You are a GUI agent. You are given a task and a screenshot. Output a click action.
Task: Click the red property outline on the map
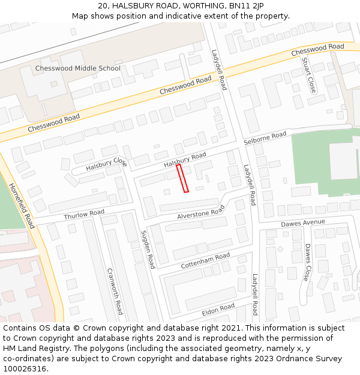pos(182,179)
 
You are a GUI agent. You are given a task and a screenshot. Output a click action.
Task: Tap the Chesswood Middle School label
pos(77,68)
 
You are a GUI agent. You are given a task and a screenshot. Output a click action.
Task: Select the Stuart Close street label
pos(308,75)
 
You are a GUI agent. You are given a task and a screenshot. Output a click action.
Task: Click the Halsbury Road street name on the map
pos(185,160)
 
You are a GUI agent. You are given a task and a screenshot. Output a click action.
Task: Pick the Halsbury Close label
pos(106,164)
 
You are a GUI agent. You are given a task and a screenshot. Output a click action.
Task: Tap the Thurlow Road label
pos(84,214)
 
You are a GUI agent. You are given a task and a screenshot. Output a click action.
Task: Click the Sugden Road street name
pos(148,248)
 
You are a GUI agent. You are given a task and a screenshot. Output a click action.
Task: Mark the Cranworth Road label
pos(115,290)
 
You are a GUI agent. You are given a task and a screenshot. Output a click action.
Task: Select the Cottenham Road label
pos(205,260)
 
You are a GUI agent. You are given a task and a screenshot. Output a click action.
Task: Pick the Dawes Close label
pos(307,262)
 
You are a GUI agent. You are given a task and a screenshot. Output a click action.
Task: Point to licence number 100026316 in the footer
pos(25,369)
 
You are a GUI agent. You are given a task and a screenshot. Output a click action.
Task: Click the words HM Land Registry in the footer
pos(32,349)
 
